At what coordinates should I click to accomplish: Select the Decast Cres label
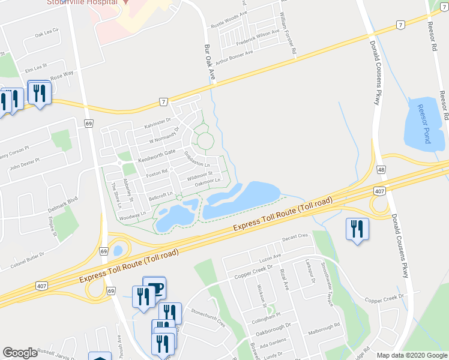294,237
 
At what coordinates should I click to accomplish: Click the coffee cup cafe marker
155,288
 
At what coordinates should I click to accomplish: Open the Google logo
20,353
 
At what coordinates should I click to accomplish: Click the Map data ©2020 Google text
411,355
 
